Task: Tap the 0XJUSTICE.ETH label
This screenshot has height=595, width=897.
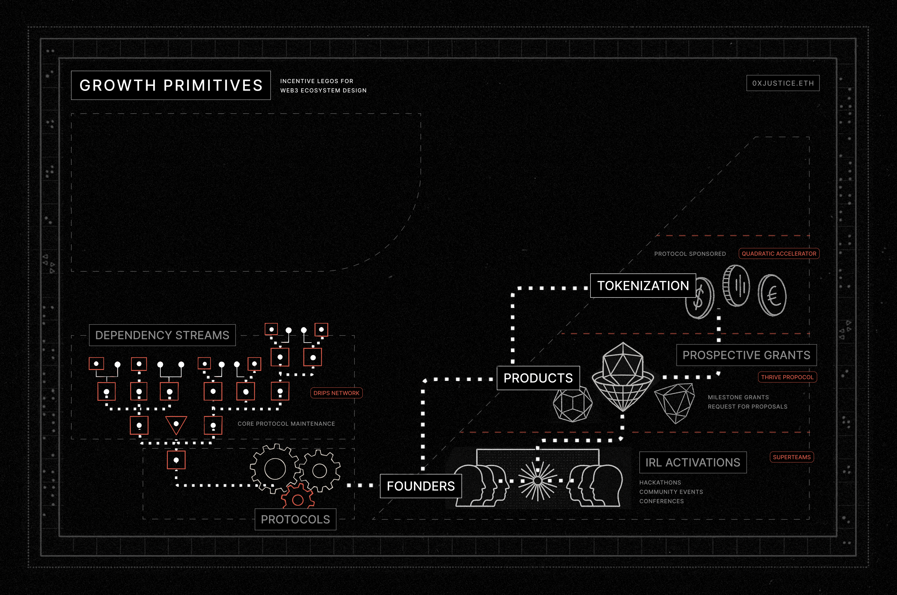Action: [x=783, y=83]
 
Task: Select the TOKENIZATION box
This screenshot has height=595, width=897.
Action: [x=643, y=285]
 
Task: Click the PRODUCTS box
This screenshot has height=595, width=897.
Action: [x=538, y=378]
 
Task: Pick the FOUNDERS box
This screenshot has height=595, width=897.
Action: [x=420, y=486]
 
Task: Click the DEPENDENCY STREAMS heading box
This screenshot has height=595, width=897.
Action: [x=162, y=335]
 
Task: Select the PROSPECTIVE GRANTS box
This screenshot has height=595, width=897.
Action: [x=746, y=355]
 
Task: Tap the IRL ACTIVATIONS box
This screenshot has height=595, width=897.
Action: [x=693, y=462]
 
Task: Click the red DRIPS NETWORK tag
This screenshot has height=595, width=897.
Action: [x=336, y=393]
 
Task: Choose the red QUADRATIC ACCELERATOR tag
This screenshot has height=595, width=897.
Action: [x=779, y=254]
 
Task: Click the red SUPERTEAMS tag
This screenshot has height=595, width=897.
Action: [x=791, y=457]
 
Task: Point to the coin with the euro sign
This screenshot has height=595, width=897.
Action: [x=772, y=295]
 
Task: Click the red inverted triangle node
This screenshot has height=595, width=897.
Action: [x=176, y=424]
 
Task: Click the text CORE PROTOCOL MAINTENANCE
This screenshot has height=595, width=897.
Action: [x=286, y=424]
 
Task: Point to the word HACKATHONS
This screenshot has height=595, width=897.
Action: [x=660, y=482]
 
